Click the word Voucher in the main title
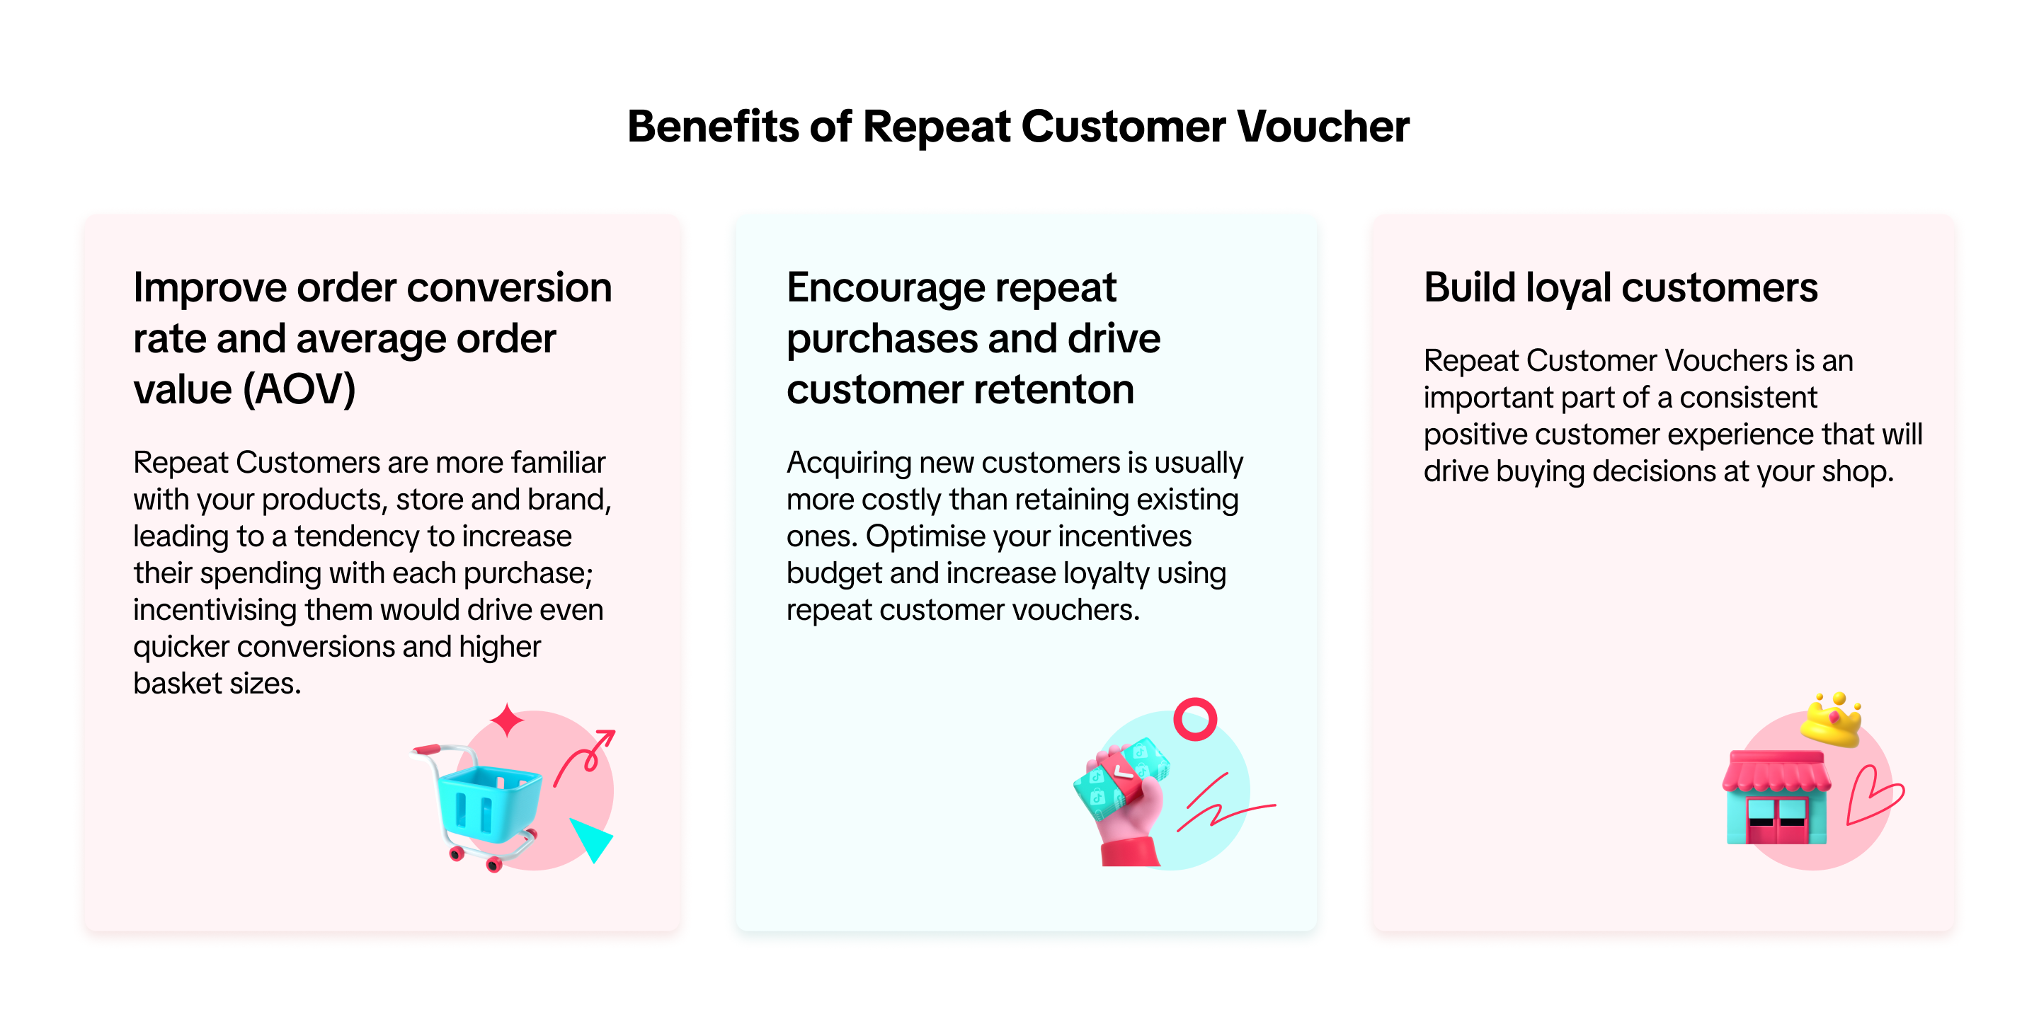(x=1323, y=127)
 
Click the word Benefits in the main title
(x=713, y=127)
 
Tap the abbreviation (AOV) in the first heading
(x=299, y=389)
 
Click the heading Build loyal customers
(x=1621, y=288)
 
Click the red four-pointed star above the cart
(x=507, y=720)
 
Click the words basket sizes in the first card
(x=217, y=684)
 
